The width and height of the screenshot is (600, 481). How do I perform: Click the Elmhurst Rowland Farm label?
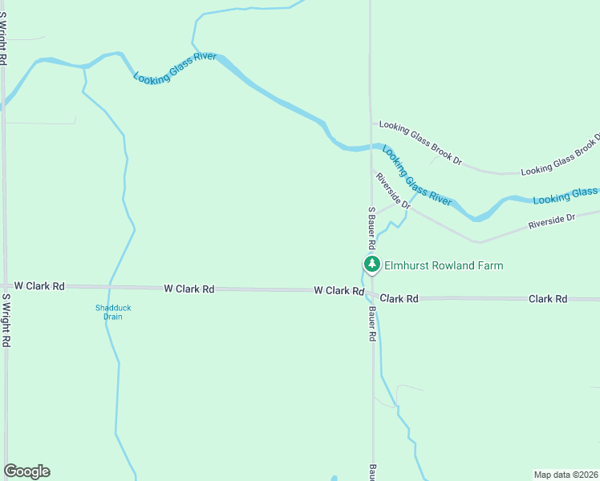pyautogui.click(x=444, y=265)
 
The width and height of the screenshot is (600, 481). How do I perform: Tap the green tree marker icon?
pyautogui.click(x=371, y=265)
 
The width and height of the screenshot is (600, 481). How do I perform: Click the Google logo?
pyautogui.click(x=26, y=471)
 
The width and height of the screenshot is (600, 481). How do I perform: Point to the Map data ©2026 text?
pyautogui.click(x=565, y=475)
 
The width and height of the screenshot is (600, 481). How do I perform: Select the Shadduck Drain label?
pyautogui.click(x=108, y=312)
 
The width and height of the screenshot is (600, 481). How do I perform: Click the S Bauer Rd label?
pyautogui.click(x=371, y=228)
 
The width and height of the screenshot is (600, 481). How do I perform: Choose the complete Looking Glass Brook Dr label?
pyautogui.click(x=420, y=143)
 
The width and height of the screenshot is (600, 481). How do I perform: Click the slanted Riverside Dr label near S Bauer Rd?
pyautogui.click(x=393, y=191)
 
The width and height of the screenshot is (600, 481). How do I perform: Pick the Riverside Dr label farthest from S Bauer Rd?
pyautogui.click(x=552, y=222)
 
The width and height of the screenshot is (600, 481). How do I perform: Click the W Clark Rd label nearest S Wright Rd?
pyautogui.click(x=39, y=285)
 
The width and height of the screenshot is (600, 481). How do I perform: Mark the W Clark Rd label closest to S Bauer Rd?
pyautogui.click(x=339, y=290)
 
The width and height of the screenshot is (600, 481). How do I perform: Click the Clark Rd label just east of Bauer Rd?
pyautogui.click(x=399, y=298)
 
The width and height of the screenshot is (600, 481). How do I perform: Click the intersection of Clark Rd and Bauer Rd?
pyautogui.click(x=372, y=294)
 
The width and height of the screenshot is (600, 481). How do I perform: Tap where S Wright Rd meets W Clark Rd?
pyautogui.click(x=5, y=285)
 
